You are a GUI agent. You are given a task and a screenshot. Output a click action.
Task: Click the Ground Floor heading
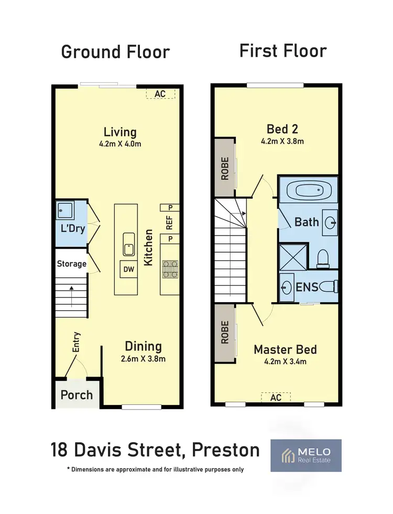115,52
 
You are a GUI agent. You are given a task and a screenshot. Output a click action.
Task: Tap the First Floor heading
283,51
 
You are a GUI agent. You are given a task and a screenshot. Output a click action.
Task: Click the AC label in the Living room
160,94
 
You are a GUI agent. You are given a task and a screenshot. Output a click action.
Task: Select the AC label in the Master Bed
276,397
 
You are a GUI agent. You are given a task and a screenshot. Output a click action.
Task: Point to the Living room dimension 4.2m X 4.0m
120,143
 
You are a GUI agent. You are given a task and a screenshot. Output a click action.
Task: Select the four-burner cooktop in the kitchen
170,269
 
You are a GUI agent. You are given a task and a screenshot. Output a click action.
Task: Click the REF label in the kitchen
169,224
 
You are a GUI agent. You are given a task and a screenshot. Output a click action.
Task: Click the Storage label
71,264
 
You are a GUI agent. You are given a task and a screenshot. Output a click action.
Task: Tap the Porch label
77,395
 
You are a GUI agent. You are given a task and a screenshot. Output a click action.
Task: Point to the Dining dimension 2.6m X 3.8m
143,359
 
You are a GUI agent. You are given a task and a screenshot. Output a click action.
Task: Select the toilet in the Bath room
323,258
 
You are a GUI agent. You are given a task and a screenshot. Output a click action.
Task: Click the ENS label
308,287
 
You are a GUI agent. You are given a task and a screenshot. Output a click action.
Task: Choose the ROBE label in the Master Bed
225,331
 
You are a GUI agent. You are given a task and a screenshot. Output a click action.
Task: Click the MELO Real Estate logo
305,455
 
